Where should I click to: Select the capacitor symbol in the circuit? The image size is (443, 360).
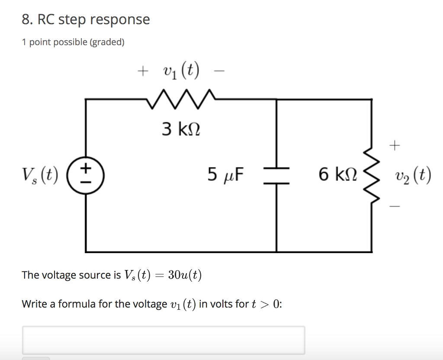(277, 175)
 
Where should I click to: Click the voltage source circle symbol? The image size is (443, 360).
(86, 175)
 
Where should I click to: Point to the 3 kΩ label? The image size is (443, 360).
(181, 129)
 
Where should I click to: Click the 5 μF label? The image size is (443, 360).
(225, 175)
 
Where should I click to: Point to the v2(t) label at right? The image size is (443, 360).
(413, 176)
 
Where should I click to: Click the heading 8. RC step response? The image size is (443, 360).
(86, 19)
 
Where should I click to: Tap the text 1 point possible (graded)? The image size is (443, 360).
(73, 42)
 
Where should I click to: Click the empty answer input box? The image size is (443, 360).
(164, 340)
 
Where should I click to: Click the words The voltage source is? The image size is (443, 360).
(71, 275)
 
